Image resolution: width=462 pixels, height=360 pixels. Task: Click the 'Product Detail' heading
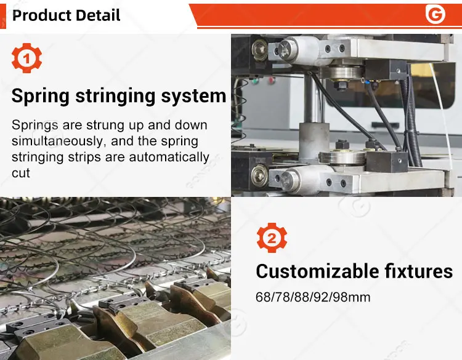tap(66, 15)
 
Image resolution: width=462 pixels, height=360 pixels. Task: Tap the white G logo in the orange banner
tap(435, 14)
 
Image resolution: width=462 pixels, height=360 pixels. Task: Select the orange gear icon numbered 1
tap(26, 58)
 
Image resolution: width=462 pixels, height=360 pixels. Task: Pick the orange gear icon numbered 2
tap(272, 238)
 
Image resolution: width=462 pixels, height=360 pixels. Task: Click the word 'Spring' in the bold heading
tap(41, 97)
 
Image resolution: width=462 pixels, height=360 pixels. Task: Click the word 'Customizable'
tap(317, 271)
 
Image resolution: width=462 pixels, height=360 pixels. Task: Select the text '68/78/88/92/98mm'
tap(313, 297)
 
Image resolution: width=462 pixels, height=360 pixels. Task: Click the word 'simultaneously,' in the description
tap(58, 142)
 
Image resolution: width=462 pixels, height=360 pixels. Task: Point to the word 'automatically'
tap(169, 158)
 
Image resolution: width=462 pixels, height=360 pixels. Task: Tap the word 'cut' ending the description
tap(20, 174)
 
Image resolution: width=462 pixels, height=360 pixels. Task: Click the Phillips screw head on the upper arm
tap(285, 49)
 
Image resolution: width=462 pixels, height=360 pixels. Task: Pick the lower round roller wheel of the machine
tap(342, 158)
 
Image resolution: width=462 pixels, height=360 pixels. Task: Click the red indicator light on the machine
tap(271, 79)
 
